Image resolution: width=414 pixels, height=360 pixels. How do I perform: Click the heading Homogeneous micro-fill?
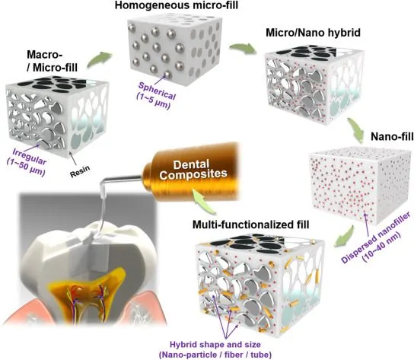pyautogui.click(x=177, y=5)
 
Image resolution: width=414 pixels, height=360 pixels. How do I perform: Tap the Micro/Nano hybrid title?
pyautogui.click(x=313, y=33)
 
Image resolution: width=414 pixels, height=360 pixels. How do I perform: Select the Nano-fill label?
pyautogui.click(x=392, y=136)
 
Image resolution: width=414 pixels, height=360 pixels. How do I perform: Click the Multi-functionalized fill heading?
pyautogui.click(x=250, y=225)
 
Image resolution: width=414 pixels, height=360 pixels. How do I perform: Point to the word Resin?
pyautogui.click(x=80, y=171)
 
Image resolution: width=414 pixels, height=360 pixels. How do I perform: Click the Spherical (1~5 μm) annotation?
pyautogui.click(x=155, y=95)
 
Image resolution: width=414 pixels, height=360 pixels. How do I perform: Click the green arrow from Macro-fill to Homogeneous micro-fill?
pyautogui.click(x=99, y=59)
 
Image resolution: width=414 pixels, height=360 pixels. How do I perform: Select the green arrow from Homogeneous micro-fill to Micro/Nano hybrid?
pyautogui.click(x=244, y=49)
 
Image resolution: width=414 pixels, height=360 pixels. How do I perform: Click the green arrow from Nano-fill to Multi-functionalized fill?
pyautogui.click(x=345, y=237)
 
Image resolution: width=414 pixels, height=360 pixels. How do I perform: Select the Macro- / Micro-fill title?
pyautogui.click(x=53, y=62)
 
